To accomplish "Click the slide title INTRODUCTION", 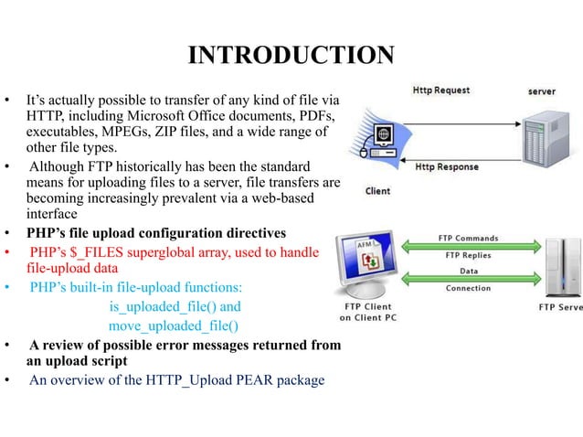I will [291, 56].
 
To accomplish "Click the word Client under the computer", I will [377, 191].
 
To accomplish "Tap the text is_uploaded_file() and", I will [175, 307].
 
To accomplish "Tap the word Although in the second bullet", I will [61, 166].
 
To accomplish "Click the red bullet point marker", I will [7, 251].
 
